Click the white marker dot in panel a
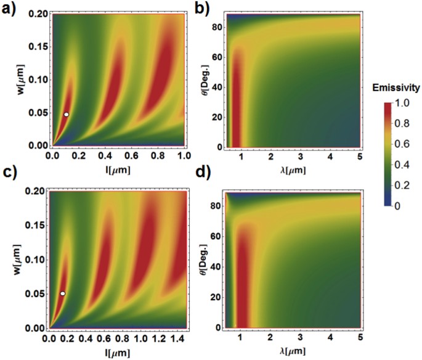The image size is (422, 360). coord(66,114)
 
